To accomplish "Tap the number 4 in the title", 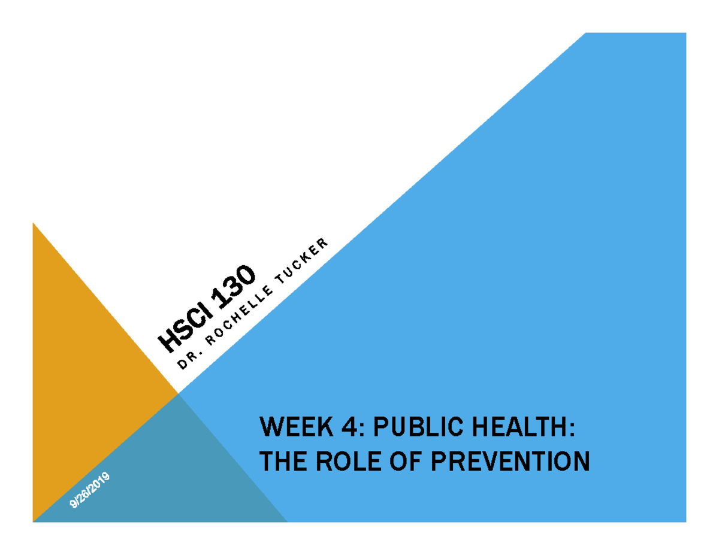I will coord(344,429).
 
